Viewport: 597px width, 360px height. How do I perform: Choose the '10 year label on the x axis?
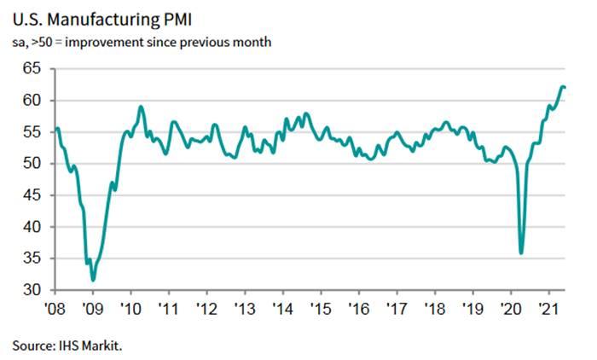point(130,308)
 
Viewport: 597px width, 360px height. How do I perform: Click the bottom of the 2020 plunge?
point(521,253)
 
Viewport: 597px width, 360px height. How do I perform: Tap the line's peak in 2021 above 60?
point(562,86)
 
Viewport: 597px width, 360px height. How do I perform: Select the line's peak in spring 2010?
point(141,107)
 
